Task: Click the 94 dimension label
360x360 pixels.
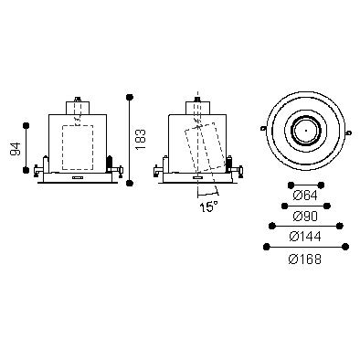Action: [x=16, y=148]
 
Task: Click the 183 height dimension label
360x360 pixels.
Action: [x=141, y=140]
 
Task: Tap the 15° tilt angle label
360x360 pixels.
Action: [x=208, y=206]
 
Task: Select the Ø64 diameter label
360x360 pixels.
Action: [x=305, y=196]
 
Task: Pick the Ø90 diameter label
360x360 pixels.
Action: [x=305, y=216]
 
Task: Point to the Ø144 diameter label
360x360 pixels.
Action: [x=305, y=237]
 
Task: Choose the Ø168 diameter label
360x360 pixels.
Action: [x=305, y=259]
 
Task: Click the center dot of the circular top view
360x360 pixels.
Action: [x=306, y=131]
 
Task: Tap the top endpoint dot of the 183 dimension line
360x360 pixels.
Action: [x=130, y=97]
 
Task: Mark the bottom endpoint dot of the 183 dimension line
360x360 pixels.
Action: [x=130, y=183]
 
